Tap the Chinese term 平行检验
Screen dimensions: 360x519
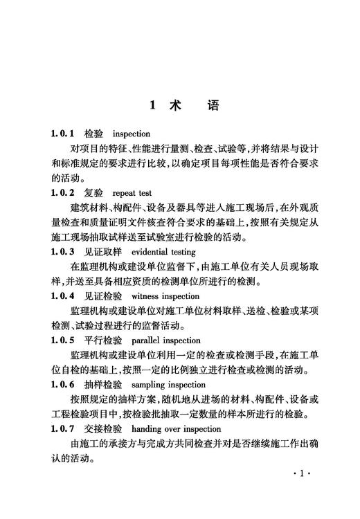102,340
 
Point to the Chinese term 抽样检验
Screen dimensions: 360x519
102,385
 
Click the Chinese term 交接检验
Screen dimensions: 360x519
102,429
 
